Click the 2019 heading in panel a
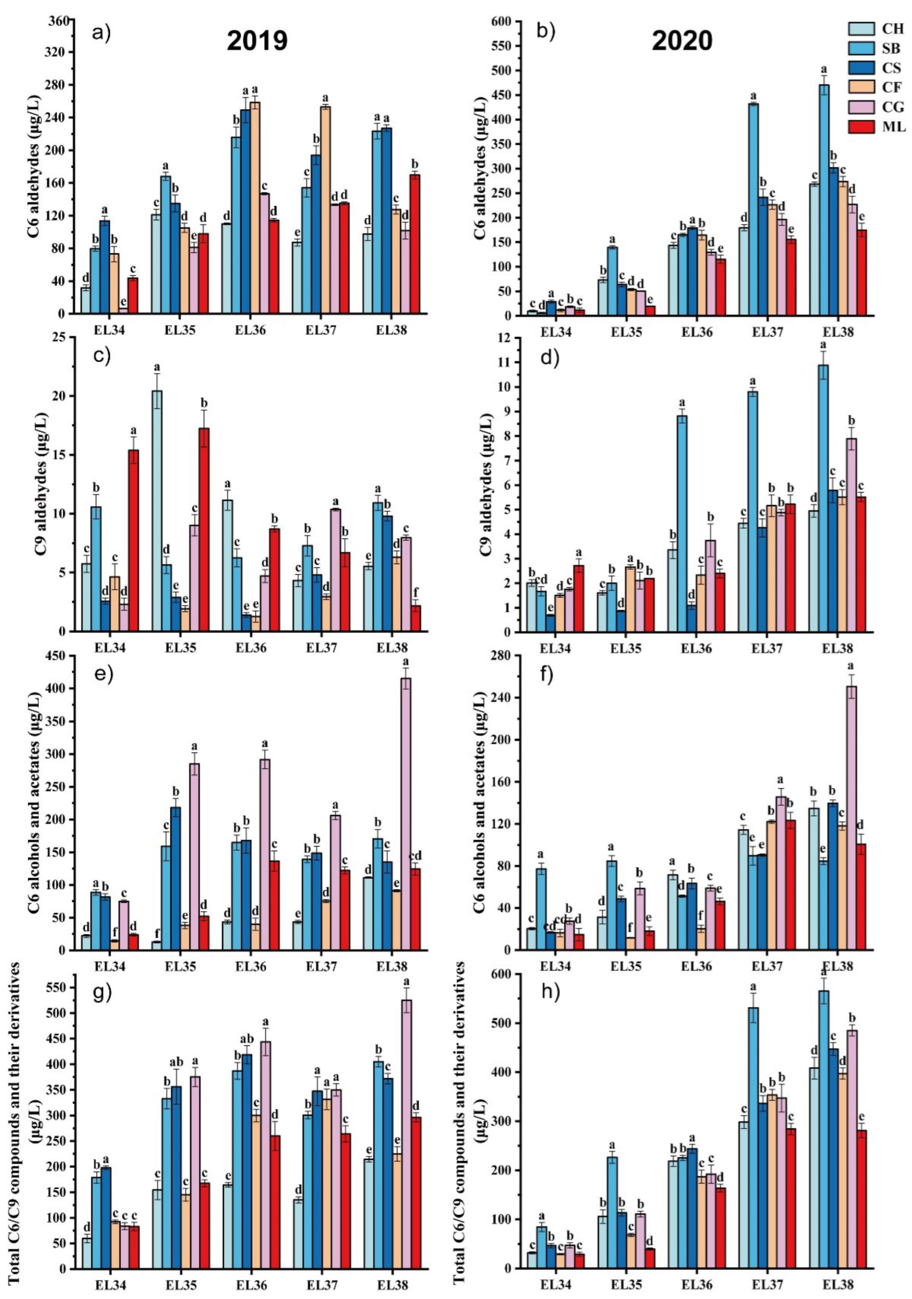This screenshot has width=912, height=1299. point(258,41)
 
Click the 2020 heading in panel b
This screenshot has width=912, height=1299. point(682,41)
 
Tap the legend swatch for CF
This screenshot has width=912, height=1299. point(861,88)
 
